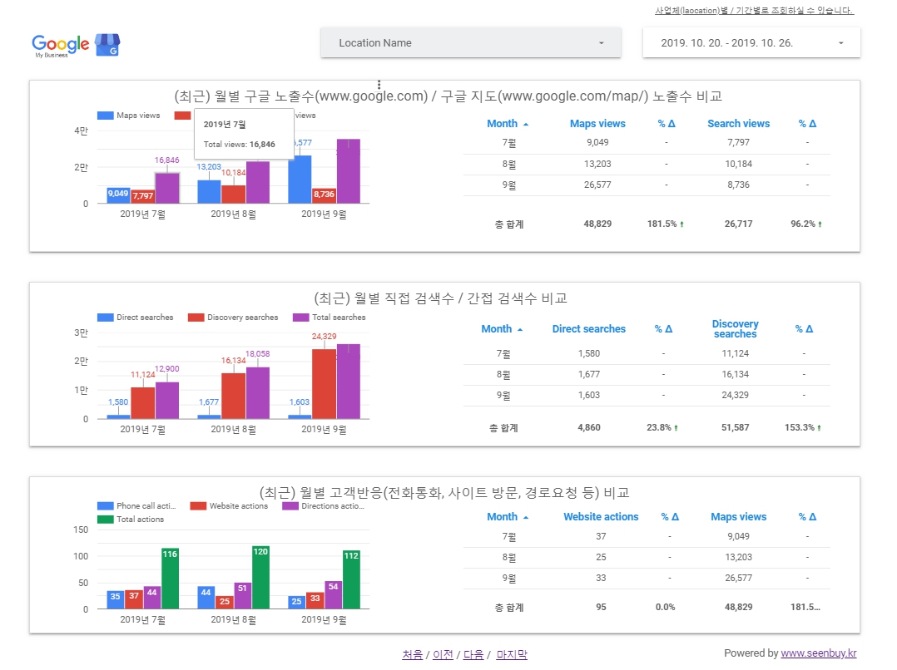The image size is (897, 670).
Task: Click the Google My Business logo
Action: coord(76,45)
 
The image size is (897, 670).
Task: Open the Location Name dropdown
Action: coord(470,43)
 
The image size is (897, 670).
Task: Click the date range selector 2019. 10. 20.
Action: coord(751,43)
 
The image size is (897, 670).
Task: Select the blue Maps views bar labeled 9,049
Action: coord(118,195)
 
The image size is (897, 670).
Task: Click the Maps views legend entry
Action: coord(129,116)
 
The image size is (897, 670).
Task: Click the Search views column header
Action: coord(738,124)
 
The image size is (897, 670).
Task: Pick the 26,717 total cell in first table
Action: coord(738,224)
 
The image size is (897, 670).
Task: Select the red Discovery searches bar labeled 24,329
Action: coord(324,383)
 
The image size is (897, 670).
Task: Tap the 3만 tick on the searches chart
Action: coord(81,333)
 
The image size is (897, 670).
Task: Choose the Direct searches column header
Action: coord(588,329)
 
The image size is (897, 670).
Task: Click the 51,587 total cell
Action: coord(735,427)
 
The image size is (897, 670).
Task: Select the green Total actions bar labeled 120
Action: coord(260,578)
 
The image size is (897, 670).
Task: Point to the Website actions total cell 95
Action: coord(600,607)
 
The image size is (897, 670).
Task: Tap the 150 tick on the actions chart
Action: coord(81,530)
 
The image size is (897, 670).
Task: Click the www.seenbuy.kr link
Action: coord(818,653)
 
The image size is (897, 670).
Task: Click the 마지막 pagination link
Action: coord(512,655)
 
